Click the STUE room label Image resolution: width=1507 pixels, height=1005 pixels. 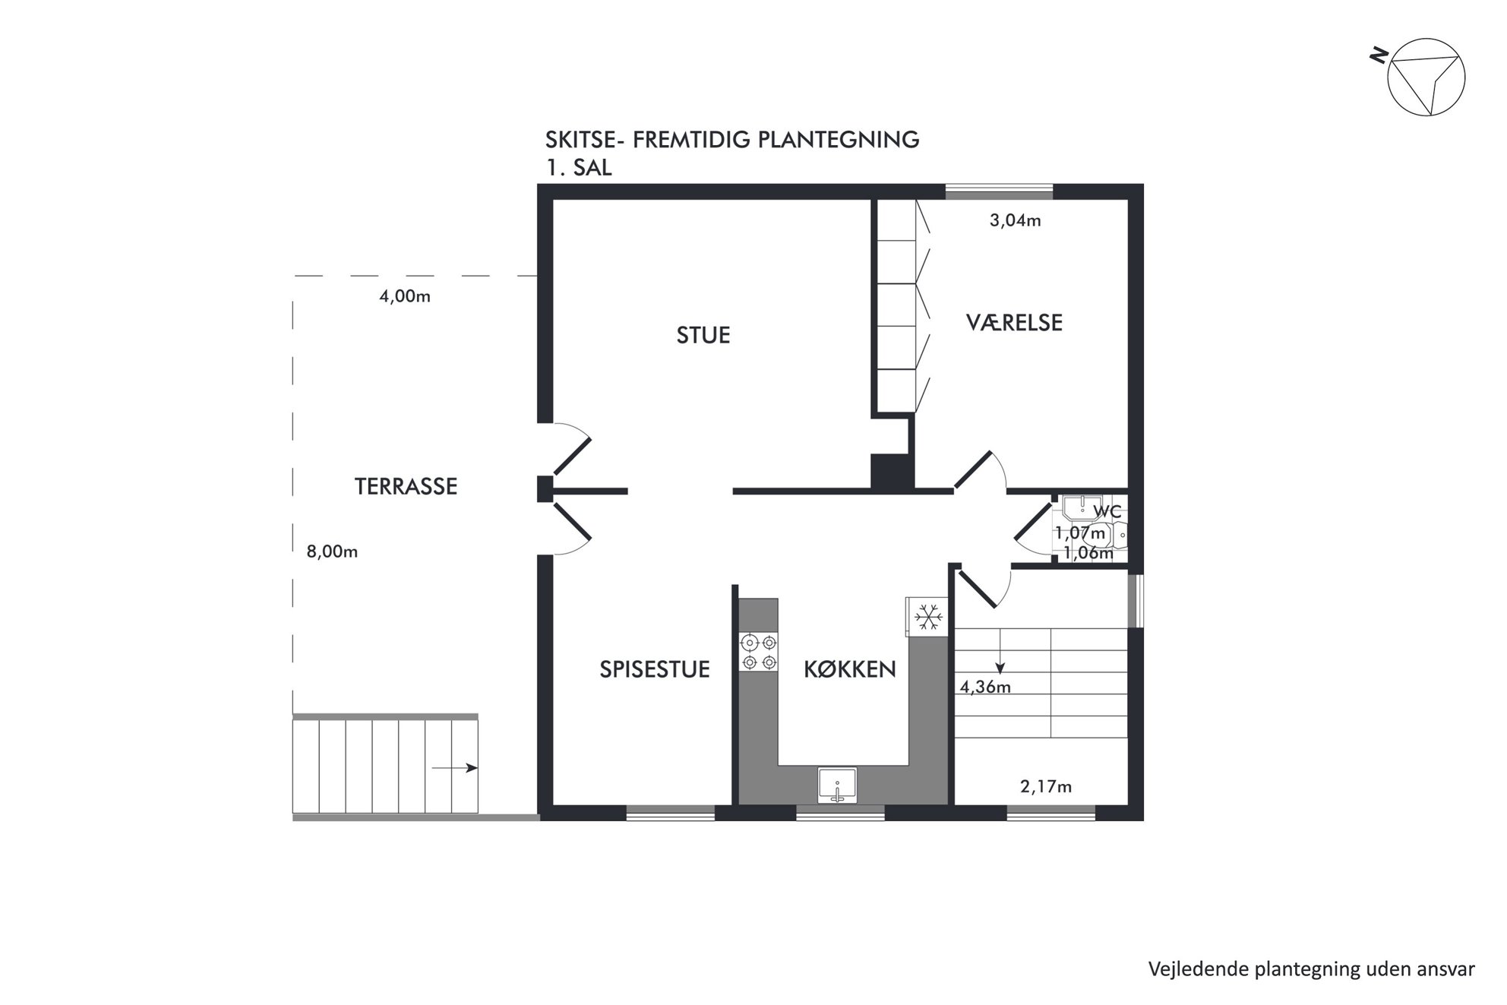703,335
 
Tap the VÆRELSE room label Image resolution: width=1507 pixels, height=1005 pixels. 1014,322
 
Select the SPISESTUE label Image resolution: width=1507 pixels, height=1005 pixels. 655,669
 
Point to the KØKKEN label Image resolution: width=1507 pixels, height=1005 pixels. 850,669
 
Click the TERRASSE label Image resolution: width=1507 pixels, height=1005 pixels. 406,486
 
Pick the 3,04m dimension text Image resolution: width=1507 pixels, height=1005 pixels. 1015,220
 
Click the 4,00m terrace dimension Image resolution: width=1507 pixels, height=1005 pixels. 405,296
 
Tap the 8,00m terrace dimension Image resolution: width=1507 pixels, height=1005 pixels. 332,551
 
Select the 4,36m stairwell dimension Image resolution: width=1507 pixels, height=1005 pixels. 985,687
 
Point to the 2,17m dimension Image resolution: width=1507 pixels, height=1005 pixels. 1046,787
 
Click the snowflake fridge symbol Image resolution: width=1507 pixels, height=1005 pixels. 927,616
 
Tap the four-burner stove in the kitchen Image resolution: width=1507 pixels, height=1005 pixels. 759,653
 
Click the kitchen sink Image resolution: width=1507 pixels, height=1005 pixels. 837,785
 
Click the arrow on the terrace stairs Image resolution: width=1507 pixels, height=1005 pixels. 454,768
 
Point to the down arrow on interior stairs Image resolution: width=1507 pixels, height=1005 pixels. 1000,651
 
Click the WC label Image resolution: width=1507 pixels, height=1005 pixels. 1107,512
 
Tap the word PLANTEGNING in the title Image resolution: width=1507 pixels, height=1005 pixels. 836,140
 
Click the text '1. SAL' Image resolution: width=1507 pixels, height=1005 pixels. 579,168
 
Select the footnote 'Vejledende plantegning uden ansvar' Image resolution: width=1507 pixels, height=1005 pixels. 1312,969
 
